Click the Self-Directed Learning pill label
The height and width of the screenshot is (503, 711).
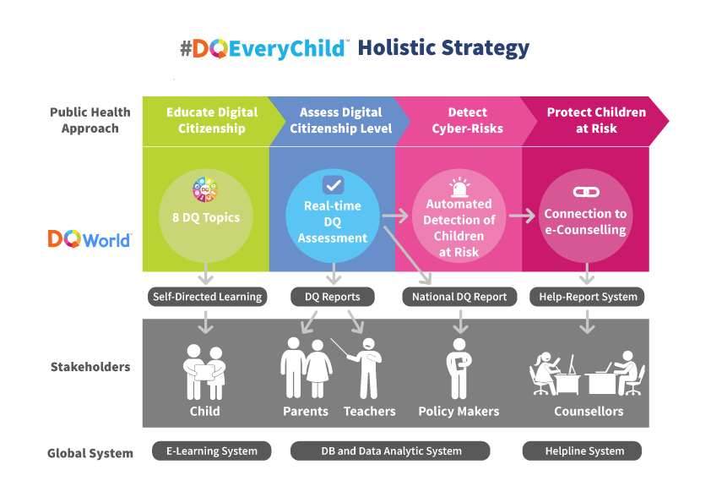tap(207, 297)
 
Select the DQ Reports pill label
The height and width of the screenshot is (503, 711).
tap(333, 297)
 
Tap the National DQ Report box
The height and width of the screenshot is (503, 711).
tap(459, 297)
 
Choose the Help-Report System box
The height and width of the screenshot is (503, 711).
tap(587, 297)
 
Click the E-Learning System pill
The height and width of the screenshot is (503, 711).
tap(211, 451)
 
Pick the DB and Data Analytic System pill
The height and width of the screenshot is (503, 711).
tap(390, 451)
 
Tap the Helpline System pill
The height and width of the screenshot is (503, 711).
tap(582, 451)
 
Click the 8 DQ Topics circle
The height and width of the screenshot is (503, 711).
tap(206, 216)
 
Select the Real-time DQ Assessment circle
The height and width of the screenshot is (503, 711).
tap(333, 216)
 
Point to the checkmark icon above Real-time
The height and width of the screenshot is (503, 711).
tap(334, 185)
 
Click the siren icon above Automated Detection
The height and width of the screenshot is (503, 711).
tap(459, 187)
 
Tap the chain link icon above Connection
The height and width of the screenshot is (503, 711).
tap(586, 192)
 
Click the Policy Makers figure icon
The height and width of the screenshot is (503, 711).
tap(459, 369)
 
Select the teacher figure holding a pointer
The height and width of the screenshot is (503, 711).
tap(363, 369)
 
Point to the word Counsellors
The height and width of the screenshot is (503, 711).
tap(589, 412)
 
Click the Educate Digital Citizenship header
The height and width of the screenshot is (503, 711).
tap(212, 120)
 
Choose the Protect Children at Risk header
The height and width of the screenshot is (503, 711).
tap(596, 120)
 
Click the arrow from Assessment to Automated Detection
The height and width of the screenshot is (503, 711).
tap(395, 216)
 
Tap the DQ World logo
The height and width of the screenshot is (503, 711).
tap(90, 238)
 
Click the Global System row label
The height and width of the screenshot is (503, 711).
tap(90, 453)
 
